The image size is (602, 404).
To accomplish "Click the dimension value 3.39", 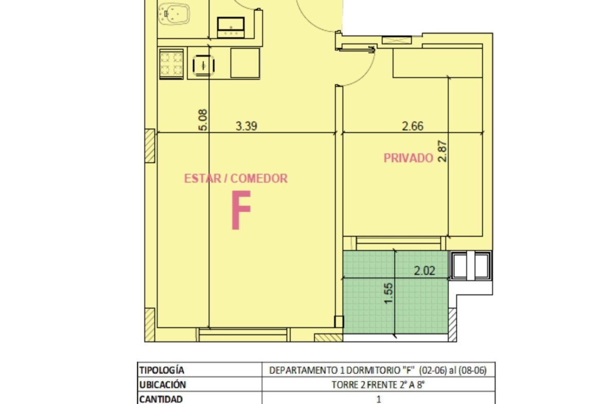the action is tap(246, 126).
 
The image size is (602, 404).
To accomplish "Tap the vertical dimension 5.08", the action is tap(203, 120).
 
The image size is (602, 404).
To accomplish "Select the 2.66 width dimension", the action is tap(413, 126).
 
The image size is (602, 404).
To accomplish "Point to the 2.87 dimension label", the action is tap(442, 151).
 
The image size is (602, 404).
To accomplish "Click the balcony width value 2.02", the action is tap(424, 271).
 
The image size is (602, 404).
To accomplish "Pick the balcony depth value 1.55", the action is tap(388, 293).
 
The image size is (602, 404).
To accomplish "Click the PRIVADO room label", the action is tap(409, 158).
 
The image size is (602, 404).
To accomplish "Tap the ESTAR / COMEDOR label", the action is tap(236, 178).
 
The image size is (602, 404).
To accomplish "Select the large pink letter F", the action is tap(241, 210).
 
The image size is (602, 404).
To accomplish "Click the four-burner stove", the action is tap(171, 64).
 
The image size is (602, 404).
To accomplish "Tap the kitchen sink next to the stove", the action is tap(203, 64).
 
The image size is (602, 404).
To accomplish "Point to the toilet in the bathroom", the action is tap(173, 14).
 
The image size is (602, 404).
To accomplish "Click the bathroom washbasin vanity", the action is tap(231, 27).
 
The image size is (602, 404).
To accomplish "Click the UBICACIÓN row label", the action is tap(163, 385).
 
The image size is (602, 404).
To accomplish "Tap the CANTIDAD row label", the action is tap(161, 399).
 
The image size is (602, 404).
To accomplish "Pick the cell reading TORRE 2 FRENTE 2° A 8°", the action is tap(378, 385).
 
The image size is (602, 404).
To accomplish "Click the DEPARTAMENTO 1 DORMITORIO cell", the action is tap(378, 370).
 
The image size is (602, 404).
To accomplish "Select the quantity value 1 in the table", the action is tap(379, 399).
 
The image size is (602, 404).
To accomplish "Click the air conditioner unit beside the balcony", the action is tap(471, 266).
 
